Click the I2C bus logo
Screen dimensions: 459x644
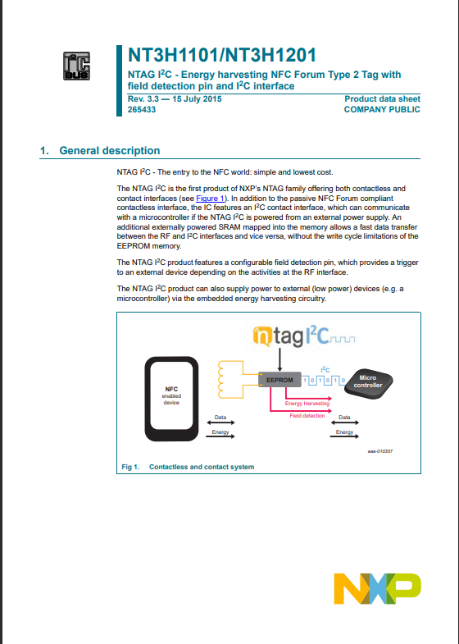[x=77, y=66]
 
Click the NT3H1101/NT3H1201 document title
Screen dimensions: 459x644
[x=222, y=55]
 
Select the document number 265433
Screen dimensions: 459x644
[x=142, y=110]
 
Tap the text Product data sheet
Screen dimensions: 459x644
[x=382, y=99]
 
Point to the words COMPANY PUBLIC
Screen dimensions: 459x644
[x=382, y=110]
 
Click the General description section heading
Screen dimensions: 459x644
[x=110, y=151]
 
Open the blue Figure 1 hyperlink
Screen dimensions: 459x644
[x=210, y=199]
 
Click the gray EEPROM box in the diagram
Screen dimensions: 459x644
[x=279, y=380]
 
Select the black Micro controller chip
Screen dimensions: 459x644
[x=368, y=382]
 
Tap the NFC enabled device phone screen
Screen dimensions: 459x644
[x=171, y=395]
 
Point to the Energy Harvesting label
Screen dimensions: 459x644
[x=307, y=404]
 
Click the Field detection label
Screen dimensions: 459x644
[x=307, y=416]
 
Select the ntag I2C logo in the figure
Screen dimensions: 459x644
[x=304, y=337]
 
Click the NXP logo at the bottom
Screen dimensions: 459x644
[x=377, y=588]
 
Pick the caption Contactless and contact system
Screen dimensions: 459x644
[x=202, y=467]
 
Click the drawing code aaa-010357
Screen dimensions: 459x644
[x=380, y=451]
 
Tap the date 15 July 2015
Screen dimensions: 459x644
[x=197, y=99]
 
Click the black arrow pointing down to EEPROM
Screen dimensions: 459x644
[x=279, y=360]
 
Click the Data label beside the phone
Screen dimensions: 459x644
[x=220, y=418]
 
